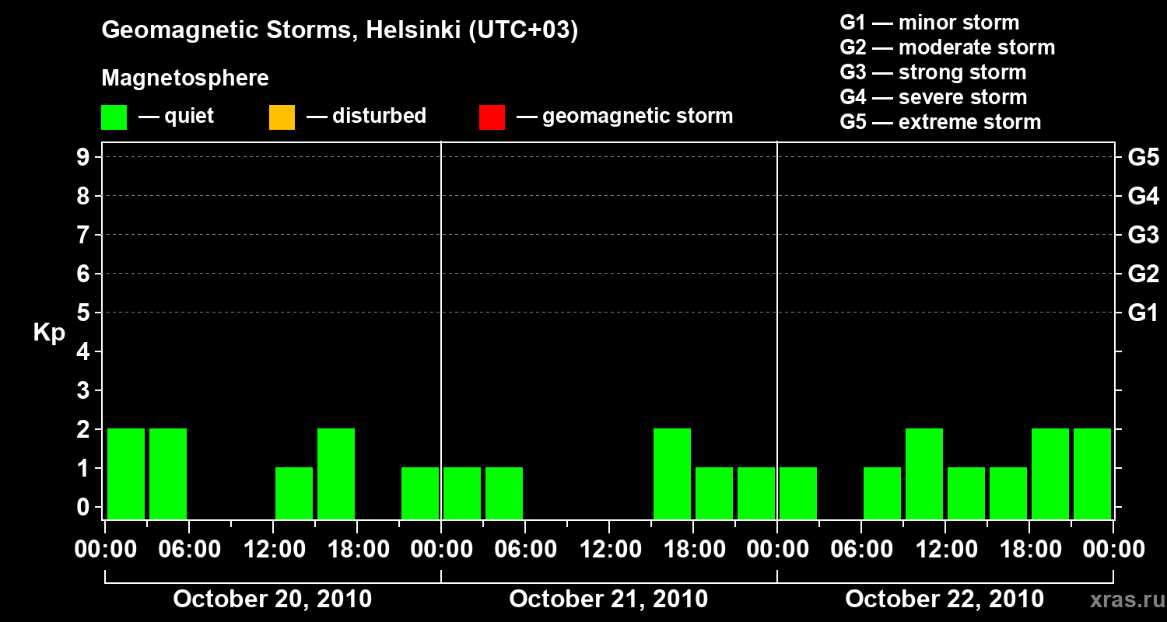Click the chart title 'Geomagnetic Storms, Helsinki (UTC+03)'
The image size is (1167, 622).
tap(340, 31)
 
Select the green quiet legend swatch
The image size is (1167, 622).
tap(114, 117)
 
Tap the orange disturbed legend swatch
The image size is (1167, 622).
tap(282, 117)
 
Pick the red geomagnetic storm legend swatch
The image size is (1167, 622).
tap(492, 117)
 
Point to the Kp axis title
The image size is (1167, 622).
tap(49, 333)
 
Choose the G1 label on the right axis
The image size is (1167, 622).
tap(1143, 313)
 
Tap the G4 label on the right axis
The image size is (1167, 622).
tap(1143, 197)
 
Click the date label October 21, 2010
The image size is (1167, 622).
tap(608, 599)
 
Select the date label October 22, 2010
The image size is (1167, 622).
tap(944, 599)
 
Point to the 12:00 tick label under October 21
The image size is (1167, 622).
tap(608, 550)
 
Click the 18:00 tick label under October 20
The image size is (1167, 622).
tap(356, 550)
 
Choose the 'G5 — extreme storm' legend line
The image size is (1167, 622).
tap(940, 122)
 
